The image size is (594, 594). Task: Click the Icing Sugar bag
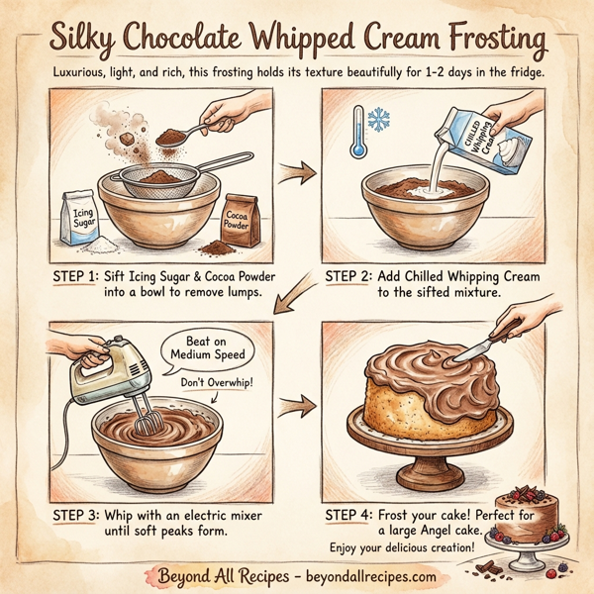(79, 218)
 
